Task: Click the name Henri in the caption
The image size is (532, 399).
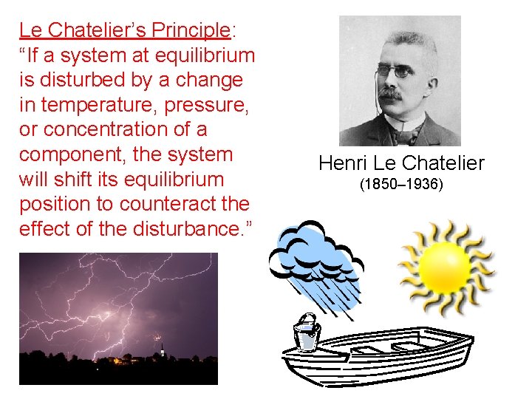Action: pos(341,163)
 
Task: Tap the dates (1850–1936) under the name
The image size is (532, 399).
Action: pos(401,183)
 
